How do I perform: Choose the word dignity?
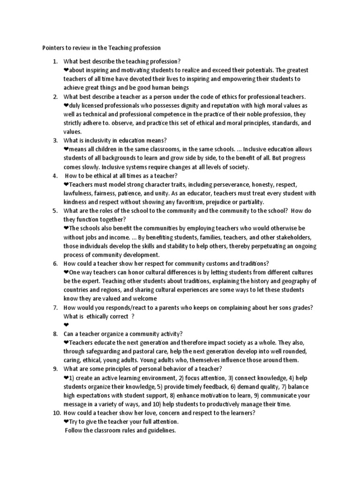click(x=189, y=105)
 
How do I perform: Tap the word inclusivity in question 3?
click(x=97, y=141)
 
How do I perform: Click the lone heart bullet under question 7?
click(x=66, y=325)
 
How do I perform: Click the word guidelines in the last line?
click(x=159, y=430)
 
